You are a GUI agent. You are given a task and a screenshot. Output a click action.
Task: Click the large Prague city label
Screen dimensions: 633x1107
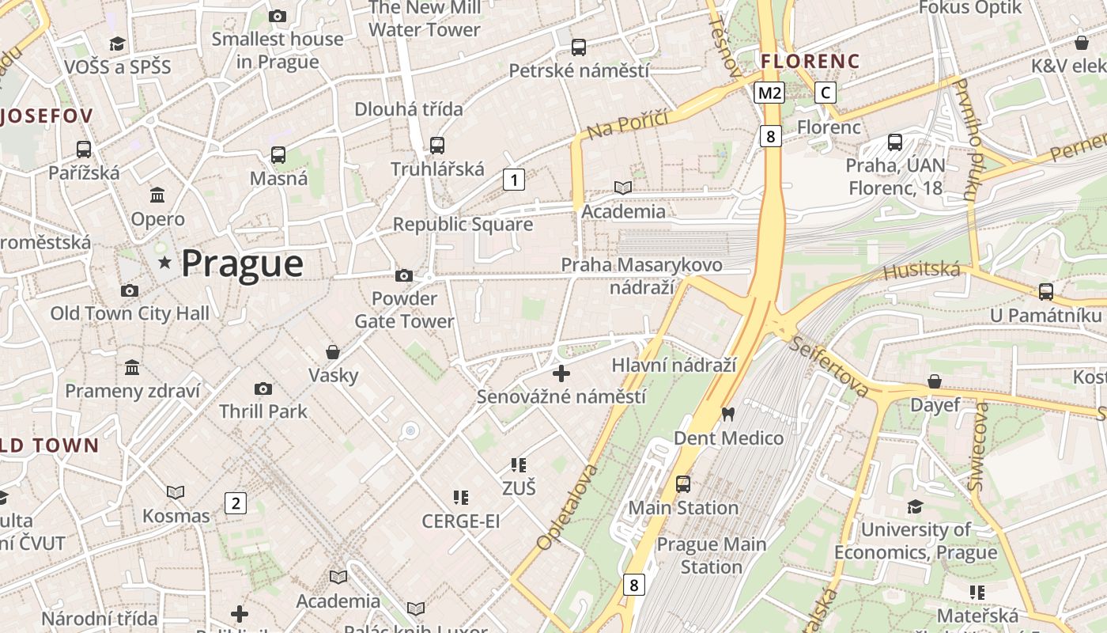(x=242, y=263)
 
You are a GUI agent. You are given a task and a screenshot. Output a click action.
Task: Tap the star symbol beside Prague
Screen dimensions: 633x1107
(x=164, y=262)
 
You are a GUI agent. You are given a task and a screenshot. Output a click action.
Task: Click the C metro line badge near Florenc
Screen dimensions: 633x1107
(x=826, y=93)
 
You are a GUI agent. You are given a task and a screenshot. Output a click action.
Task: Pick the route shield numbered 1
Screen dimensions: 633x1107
(x=514, y=180)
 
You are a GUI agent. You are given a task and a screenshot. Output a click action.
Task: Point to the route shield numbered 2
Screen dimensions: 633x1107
(x=235, y=503)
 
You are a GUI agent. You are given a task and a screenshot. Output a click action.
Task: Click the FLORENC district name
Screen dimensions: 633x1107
(x=810, y=61)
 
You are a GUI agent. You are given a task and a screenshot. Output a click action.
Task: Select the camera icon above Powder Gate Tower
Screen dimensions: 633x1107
(x=404, y=276)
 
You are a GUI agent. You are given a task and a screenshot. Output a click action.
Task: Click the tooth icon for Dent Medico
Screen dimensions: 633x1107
(x=728, y=414)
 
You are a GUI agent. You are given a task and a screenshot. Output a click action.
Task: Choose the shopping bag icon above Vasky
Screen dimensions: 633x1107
(x=333, y=352)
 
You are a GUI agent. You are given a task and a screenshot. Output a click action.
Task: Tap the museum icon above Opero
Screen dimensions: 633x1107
(x=157, y=195)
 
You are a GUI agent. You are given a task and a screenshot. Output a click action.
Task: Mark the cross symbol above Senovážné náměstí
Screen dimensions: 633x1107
(x=561, y=373)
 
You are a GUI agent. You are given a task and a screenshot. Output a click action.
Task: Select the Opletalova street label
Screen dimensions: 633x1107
(x=567, y=506)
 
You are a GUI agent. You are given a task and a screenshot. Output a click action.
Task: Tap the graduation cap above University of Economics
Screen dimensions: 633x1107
(x=915, y=506)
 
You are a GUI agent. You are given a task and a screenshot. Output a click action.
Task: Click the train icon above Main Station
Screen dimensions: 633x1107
(x=683, y=483)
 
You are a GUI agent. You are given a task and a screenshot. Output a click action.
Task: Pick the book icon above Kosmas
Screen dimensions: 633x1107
(x=176, y=493)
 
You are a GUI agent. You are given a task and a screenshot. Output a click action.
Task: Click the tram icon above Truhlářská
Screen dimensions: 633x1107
(x=437, y=146)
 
